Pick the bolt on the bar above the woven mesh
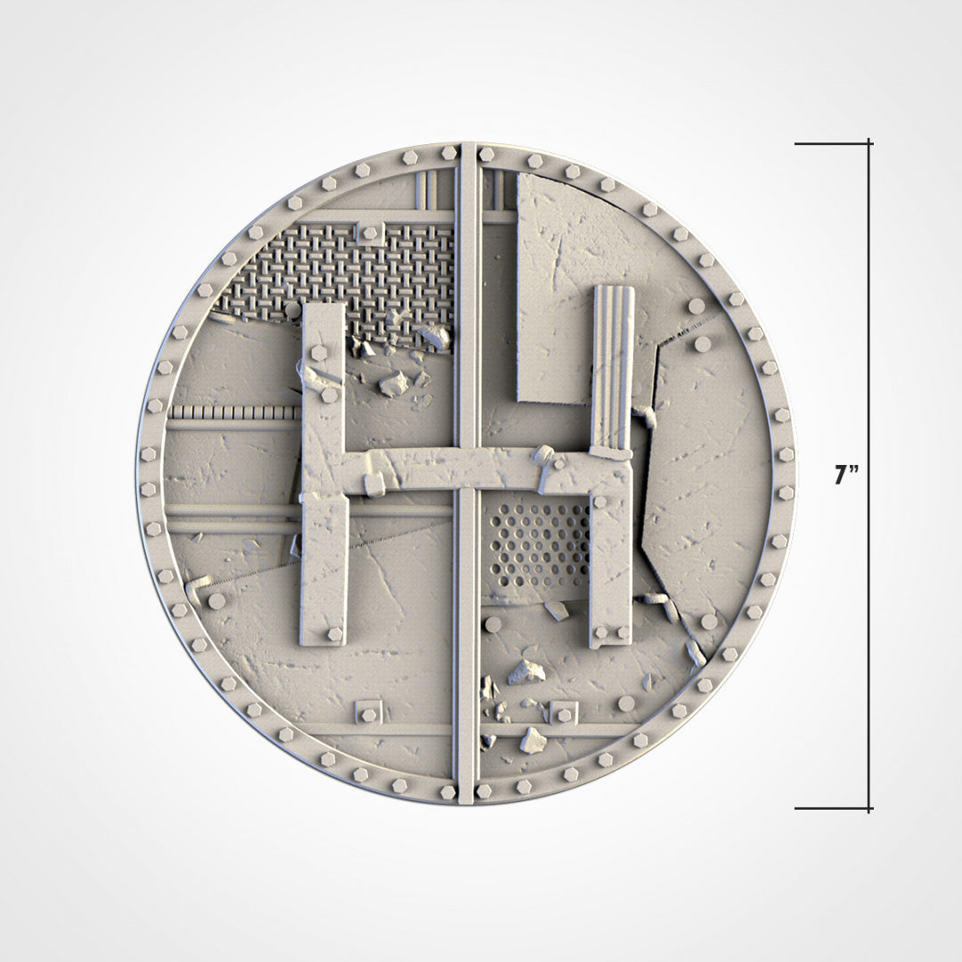(x=369, y=233)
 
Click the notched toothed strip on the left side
(x=233, y=412)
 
